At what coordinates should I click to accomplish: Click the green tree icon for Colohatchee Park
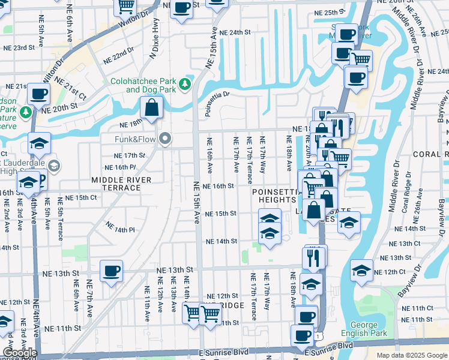(186, 83)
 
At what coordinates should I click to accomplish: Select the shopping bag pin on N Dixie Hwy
(152, 109)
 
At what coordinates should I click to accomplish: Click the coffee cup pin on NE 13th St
(111, 271)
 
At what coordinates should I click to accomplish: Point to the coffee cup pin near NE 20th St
(39, 94)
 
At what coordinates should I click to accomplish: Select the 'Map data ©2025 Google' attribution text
(411, 355)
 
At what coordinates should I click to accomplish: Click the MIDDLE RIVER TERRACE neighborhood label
(116, 184)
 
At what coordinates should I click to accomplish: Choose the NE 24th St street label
(234, 32)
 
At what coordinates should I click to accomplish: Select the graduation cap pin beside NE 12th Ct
(361, 271)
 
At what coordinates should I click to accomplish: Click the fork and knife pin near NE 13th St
(315, 257)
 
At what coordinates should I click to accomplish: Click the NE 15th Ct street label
(80, 197)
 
